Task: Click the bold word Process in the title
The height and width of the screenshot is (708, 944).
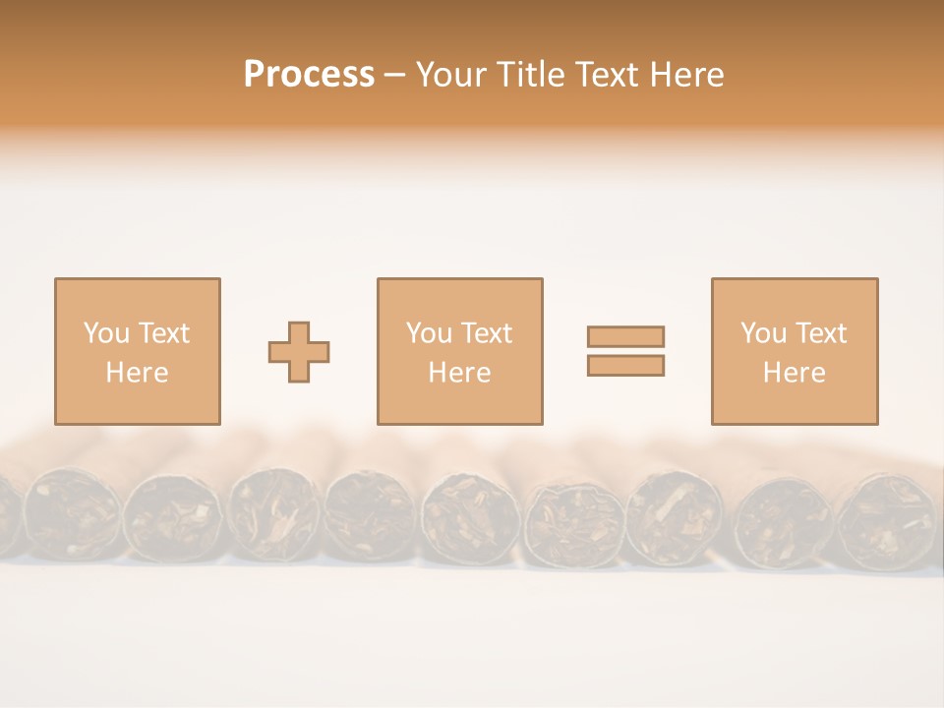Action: point(309,75)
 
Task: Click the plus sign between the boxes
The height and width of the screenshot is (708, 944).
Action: point(299,351)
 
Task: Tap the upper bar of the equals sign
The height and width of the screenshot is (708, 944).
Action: point(625,336)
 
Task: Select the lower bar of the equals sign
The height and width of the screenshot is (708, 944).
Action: point(625,365)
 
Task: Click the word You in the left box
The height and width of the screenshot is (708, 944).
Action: point(106,333)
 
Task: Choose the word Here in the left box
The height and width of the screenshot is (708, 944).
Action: point(137,373)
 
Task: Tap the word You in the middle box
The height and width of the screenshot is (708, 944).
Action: point(429,333)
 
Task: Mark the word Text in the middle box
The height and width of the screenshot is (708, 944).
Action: point(485,333)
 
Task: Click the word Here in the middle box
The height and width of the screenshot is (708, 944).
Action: point(459,373)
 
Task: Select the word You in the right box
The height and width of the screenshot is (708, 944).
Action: point(763,333)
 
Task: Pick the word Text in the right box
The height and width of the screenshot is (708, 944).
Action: point(819,333)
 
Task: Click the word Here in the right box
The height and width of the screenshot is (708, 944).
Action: point(794,373)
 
